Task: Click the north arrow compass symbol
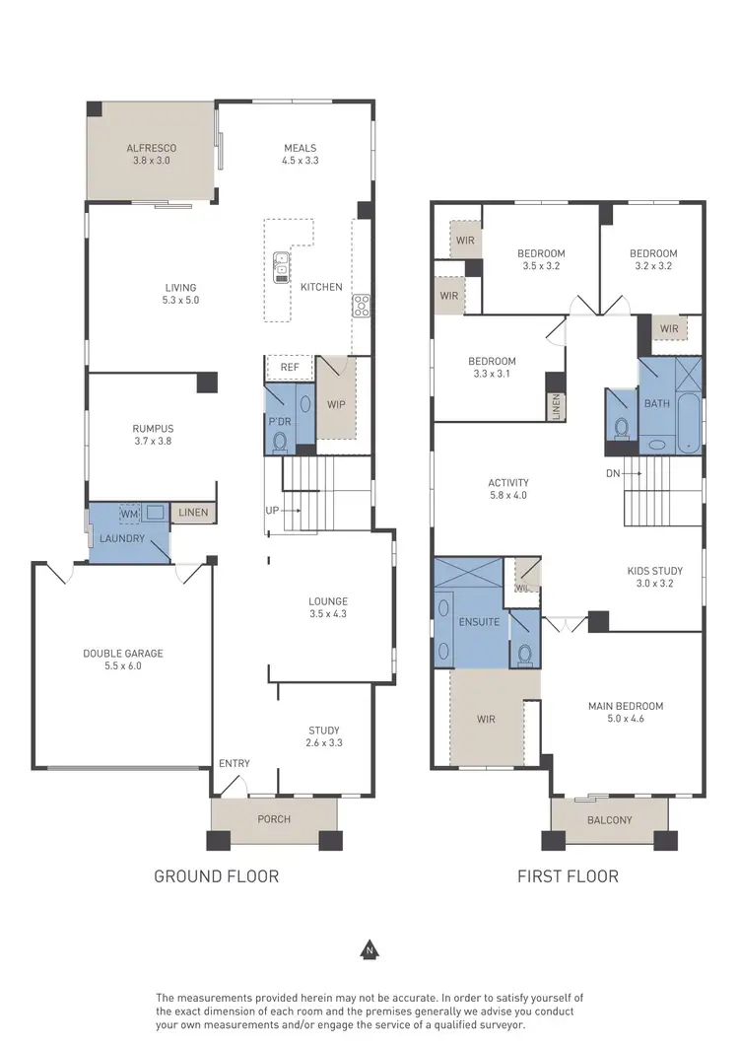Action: click(x=369, y=950)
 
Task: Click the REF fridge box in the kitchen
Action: click(x=289, y=368)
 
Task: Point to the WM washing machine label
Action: click(x=128, y=514)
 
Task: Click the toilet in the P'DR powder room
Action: click(x=279, y=440)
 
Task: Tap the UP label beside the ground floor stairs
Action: click(x=271, y=511)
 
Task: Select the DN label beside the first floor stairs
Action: click(x=613, y=473)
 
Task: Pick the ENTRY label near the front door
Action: click(x=235, y=763)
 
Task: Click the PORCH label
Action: click(x=274, y=818)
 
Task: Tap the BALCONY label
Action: click(x=609, y=819)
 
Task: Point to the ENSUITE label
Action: click(x=479, y=622)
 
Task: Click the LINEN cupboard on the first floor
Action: click(x=556, y=404)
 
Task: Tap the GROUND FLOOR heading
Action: click(x=216, y=875)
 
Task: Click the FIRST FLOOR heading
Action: click(x=568, y=875)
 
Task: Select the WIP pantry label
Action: click(x=335, y=403)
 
